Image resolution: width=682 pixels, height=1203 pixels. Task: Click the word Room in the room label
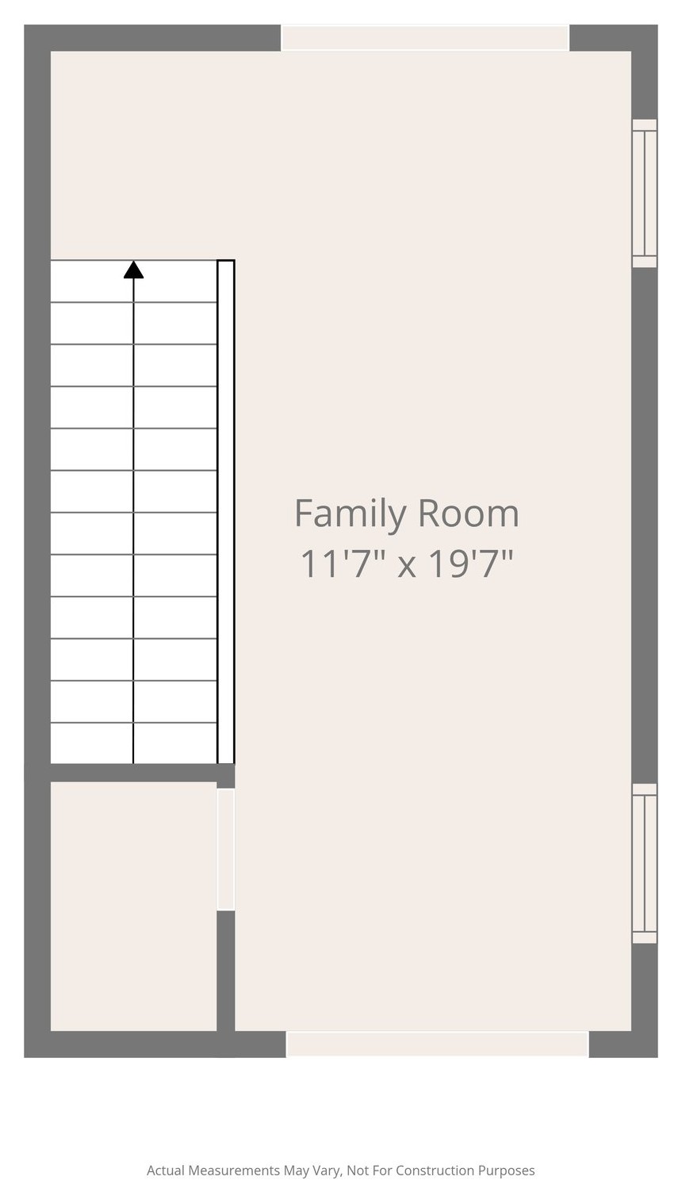point(468,514)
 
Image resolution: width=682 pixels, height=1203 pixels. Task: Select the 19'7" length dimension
point(470,564)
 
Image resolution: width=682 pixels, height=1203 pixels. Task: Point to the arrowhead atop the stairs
point(133,269)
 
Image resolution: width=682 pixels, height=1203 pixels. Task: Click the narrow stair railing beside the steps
point(226,512)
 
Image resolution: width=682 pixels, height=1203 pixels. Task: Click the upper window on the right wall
point(645,193)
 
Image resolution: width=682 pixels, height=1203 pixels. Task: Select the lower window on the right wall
point(645,864)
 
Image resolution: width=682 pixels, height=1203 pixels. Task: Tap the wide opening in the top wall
point(425,37)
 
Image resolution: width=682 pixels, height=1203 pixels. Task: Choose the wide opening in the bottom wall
point(437,1044)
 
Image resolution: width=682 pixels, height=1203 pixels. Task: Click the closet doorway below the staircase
point(226,850)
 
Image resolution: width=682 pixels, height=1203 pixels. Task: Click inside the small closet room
point(133,907)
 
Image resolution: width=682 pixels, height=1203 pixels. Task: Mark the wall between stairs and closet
point(143,773)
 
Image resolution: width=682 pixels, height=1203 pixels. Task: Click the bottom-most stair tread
point(133,743)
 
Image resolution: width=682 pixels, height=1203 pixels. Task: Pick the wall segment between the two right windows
point(645,525)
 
